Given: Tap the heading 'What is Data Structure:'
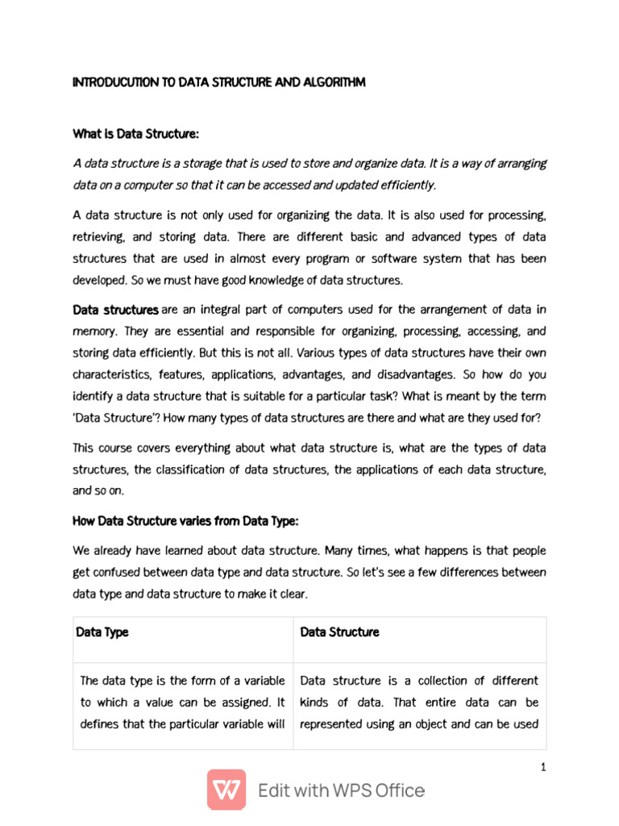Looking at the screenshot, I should [135, 133].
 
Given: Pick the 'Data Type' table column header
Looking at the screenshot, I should [102, 632].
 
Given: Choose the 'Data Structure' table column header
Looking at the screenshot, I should [339, 632].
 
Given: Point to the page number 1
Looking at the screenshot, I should [544, 767].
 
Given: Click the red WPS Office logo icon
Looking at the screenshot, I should [226, 790].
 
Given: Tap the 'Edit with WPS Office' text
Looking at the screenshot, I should [341, 791].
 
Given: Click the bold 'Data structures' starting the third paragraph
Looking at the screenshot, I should [116, 310].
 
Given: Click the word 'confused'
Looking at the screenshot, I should [118, 572].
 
